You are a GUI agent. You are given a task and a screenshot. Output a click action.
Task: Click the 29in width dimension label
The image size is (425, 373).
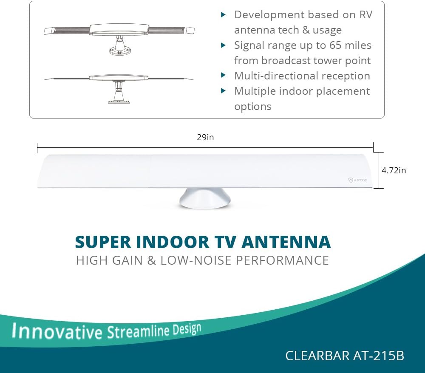[205, 138]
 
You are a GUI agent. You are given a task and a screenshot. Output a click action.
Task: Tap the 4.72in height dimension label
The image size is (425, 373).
[394, 170]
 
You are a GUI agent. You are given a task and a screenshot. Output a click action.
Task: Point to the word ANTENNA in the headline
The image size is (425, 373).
[286, 242]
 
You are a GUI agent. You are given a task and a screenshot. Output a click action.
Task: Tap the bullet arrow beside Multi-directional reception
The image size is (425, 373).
[223, 75]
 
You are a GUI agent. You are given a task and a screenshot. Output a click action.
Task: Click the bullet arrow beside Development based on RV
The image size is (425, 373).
[223, 14]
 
